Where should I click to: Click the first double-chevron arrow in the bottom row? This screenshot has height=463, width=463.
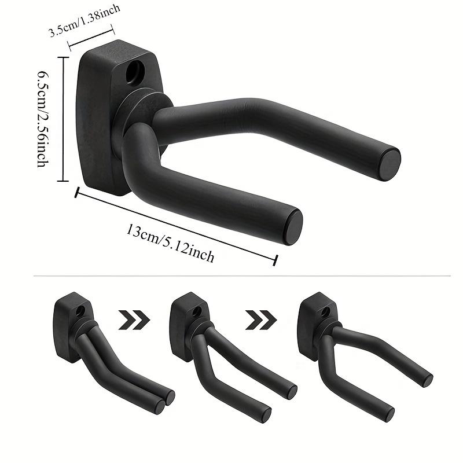tap(134, 319)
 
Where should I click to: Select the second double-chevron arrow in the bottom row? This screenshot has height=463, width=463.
tap(260, 319)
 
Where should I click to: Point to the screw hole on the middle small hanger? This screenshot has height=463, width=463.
tap(197, 311)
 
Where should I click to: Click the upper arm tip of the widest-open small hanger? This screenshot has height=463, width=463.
tap(427, 380)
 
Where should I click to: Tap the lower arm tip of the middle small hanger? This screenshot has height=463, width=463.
tap(266, 414)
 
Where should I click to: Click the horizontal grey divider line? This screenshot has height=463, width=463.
tap(231, 276)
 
